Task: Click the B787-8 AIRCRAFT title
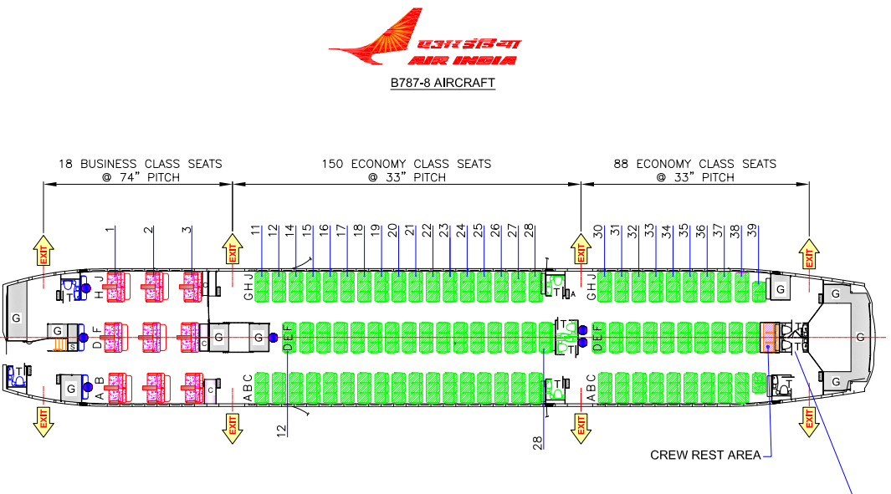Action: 443,83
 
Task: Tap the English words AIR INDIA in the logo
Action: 463,60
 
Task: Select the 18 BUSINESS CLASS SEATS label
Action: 140,164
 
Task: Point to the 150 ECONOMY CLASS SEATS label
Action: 407,164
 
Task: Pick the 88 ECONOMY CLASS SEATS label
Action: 694,164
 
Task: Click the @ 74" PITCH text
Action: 140,177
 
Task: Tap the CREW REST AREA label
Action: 705,455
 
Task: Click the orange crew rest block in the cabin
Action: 770,336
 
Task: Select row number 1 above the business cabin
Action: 110,229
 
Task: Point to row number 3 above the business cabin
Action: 187,229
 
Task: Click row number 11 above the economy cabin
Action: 256,229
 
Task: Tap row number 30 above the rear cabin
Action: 598,230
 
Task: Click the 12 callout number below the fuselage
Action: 282,430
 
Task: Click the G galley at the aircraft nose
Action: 15,318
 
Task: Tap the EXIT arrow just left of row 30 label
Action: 579,251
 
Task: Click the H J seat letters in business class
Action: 98,287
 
